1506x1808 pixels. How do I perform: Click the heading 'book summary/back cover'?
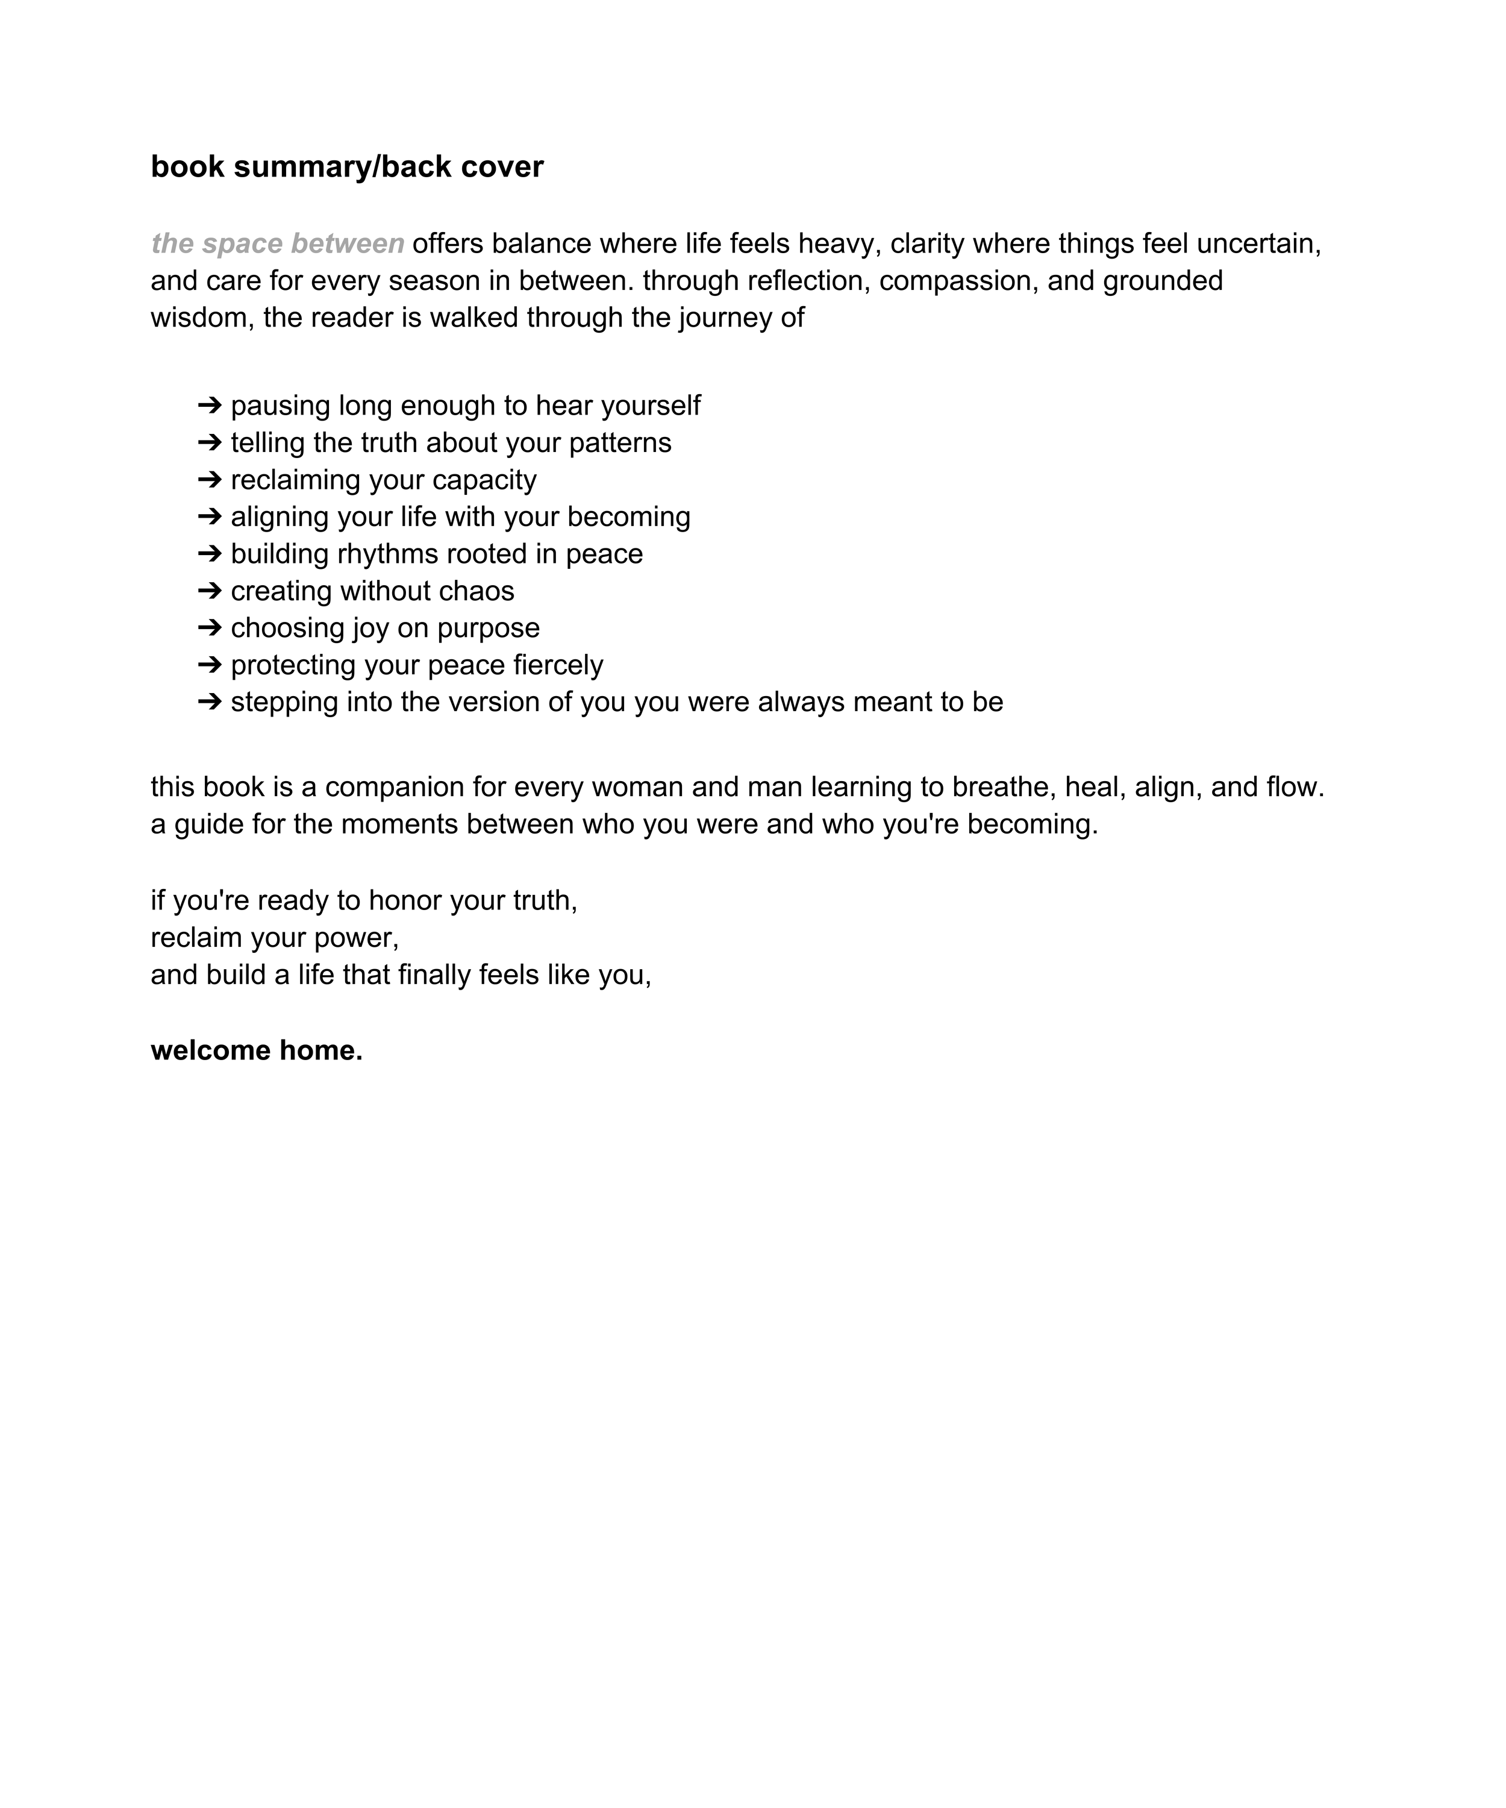coord(347,166)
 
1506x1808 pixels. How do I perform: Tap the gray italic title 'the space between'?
coord(277,243)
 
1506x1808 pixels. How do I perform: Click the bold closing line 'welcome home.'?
coord(257,1050)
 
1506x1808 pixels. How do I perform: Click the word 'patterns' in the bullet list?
coord(620,442)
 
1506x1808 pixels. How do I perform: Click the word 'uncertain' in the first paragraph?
coord(1257,243)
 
